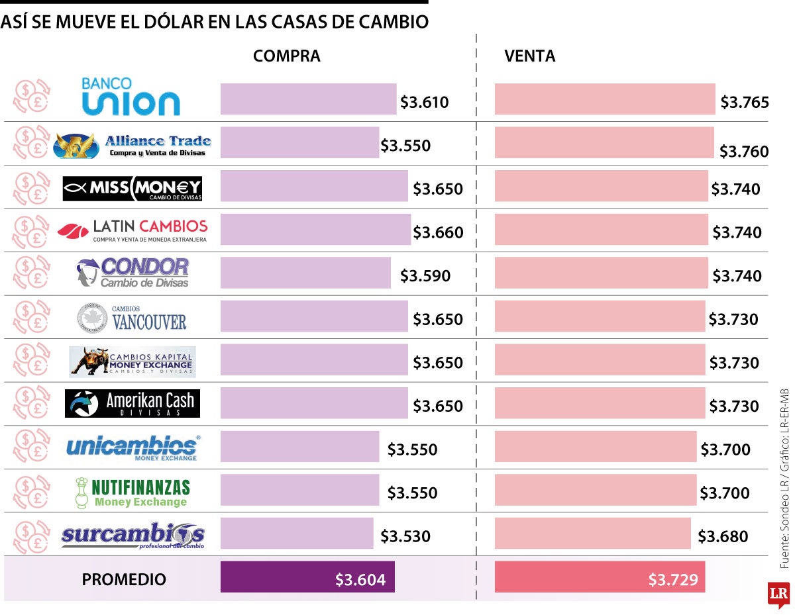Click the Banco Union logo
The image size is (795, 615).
click(130, 97)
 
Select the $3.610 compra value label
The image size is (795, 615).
click(424, 103)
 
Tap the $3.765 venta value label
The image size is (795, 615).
click(745, 103)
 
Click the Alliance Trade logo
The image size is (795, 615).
click(132, 145)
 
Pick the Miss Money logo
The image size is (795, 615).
click(132, 188)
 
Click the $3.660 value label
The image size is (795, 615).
click(438, 232)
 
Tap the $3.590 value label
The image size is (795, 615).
click(425, 276)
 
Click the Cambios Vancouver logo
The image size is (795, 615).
click(132, 317)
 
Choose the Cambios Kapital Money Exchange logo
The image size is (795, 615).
click(132, 361)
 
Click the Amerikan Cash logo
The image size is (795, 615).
click(132, 403)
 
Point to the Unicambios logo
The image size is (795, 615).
click(132, 448)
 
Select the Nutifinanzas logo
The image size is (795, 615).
click(132, 492)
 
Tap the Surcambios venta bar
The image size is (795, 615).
click(592, 534)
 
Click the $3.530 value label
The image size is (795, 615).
click(405, 536)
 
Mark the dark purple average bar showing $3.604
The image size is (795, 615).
click(307, 577)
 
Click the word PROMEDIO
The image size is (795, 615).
click(124, 580)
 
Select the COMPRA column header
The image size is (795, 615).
click(286, 57)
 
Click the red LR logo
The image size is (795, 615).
click(777, 594)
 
